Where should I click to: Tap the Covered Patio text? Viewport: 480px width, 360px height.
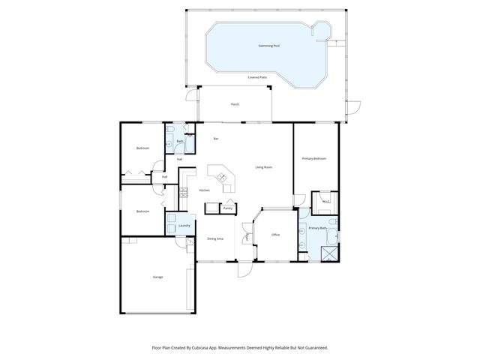point(257,77)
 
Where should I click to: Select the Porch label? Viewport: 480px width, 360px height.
point(235,104)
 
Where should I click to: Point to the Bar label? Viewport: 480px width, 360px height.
point(216,139)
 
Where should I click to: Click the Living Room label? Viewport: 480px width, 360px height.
point(263,166)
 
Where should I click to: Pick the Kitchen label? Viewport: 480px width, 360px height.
point(204,190)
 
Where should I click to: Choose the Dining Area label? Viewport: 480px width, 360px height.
point(215,238)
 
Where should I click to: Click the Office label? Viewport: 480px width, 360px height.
point(275,235)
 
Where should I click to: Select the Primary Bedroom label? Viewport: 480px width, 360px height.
point(313,158)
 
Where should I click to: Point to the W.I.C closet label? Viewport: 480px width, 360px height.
point(325,201)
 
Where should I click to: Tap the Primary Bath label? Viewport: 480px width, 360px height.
point(318,227)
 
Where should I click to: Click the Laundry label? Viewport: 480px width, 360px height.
point(183,225)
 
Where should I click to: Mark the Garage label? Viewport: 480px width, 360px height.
point(158,277)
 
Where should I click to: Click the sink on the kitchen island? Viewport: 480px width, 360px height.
point(221,177)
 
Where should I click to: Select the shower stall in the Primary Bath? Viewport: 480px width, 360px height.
point(328,253)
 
